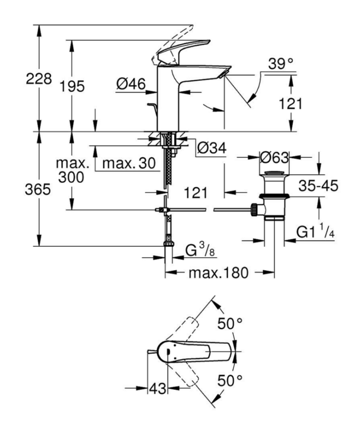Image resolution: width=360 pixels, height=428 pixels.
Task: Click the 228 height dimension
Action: point(38,80)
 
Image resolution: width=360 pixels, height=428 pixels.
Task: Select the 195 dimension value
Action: point(72,86)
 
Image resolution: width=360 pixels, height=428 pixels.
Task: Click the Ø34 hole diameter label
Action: point(211,148)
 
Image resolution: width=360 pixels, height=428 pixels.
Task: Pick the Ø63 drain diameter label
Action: point(274,157)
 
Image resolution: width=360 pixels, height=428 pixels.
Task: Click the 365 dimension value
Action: point(38,190)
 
